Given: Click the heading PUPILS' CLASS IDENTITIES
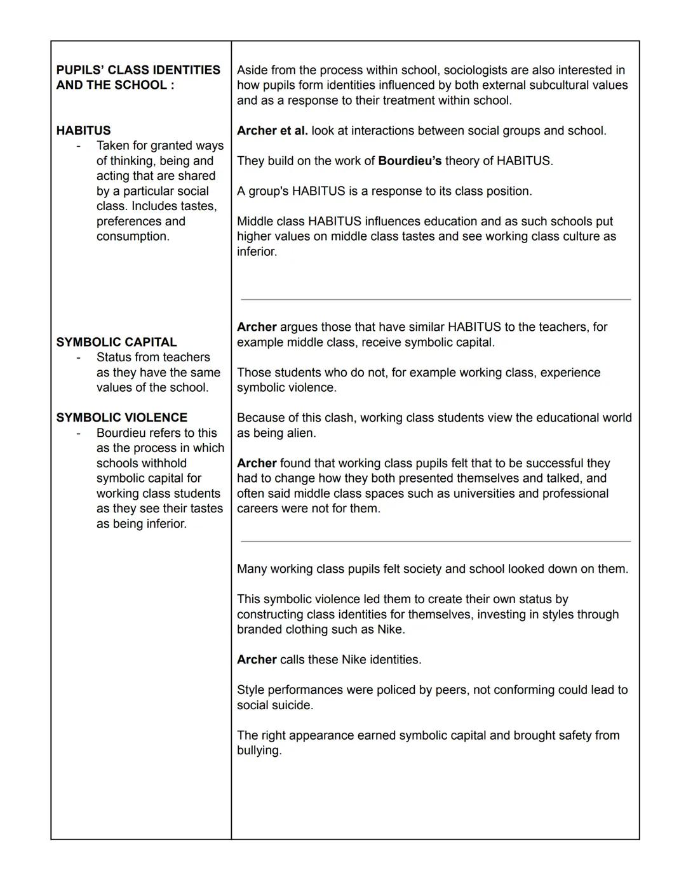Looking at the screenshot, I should coord(138,70).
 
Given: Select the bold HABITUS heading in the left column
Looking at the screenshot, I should coord(83,130).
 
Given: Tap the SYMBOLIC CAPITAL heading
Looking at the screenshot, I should coord(116,342).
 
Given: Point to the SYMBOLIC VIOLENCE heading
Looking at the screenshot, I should coord(121,417).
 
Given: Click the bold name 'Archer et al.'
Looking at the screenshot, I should coord(272,130).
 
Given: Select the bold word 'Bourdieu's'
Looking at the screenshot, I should coord(409,161).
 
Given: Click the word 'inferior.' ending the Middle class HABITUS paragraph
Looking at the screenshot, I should coord(257,251).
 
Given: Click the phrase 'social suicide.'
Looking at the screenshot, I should coord(274,705).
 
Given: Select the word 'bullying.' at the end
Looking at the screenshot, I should coord(259,750).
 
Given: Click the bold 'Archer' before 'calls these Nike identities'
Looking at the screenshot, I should coord(256,660).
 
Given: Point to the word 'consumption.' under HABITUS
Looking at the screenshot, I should coord(133,236).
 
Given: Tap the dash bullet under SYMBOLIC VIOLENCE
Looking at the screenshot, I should coord(78,433).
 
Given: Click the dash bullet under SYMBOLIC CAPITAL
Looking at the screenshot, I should coord(78,357).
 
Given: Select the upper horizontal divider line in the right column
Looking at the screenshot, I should coord(436,299).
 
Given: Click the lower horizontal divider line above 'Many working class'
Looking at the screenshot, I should coord(436,542).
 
